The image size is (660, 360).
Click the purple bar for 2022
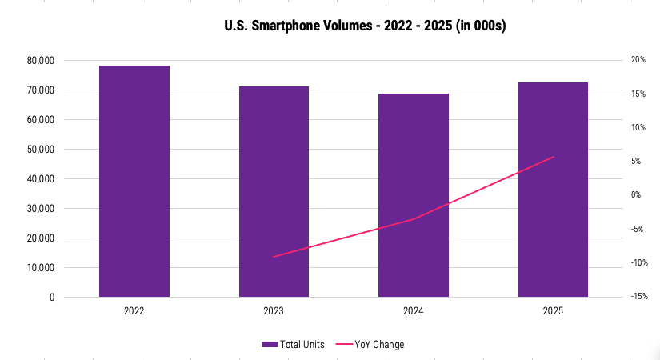click(x=134, y=181)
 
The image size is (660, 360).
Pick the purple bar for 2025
click(x=553, y=190)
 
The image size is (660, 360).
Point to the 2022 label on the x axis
click(x=134, y=310)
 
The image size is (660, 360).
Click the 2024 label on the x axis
click(x=414, y=310)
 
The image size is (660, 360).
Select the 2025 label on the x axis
click(x=553, y=310)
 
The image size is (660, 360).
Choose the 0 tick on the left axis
click(x=51, y=298)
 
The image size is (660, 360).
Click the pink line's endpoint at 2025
click(x=554, y=157)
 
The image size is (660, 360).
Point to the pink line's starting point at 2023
click(x=274, y=257)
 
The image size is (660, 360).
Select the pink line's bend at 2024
click(x=414, y=218)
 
